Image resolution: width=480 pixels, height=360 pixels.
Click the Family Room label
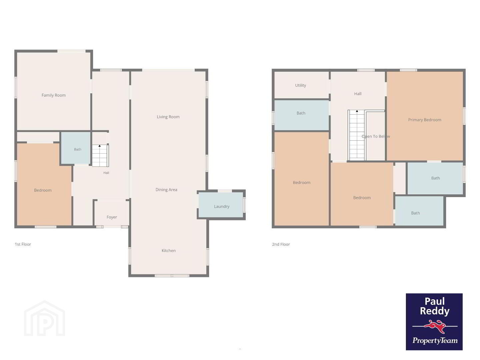pos(54,95)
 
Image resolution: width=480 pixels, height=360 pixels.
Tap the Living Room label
pos(168,117)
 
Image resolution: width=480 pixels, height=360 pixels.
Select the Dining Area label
pos(166,190)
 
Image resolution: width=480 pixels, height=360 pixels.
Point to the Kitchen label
pos(169,251)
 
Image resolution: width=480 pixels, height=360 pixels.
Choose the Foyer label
pos(112,217)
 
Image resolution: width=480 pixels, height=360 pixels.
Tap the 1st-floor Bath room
pos(75,148)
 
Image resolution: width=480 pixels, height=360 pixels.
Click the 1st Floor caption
pos(23,244)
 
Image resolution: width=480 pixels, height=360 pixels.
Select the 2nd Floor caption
pos(281,244)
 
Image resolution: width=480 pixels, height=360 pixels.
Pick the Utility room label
pos(300,85)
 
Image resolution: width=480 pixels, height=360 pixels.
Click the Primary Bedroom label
pos(425,120)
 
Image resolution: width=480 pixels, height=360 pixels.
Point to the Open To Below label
pos(376,136)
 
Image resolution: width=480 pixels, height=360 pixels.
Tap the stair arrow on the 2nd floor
pos(357,111)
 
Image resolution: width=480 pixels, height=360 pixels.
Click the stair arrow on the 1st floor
pos(99,146)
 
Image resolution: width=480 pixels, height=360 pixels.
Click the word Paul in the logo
pos(435,301)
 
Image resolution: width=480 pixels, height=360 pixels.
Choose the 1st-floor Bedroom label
pos(43,190)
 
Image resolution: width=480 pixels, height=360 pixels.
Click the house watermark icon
pos(44,318)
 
